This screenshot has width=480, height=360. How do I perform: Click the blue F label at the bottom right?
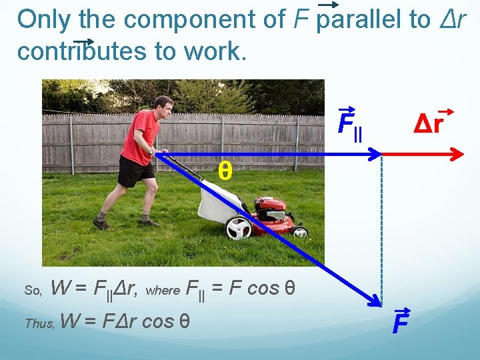click(400, 324)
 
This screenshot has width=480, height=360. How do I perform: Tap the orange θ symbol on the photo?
click(225, 172)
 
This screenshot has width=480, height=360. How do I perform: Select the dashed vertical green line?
click(382, 227)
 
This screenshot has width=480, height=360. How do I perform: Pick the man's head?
click(163, 107)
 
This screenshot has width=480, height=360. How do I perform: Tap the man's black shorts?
click(135, 171)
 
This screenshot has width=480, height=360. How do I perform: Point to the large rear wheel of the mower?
click(238, 228)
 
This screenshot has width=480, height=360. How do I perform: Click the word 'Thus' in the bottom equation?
click(39, 323)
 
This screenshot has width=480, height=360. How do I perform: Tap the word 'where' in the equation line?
click(162, 290)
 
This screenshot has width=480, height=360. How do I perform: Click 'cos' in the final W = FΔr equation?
click(158, 321)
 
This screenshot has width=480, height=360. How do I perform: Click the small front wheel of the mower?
click(300, 231)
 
